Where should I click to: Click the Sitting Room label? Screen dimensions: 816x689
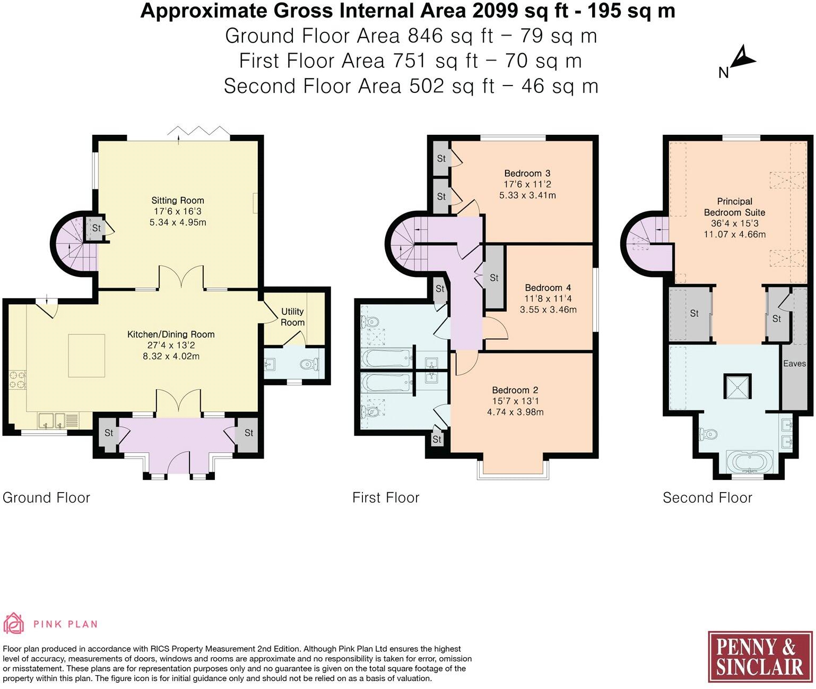pyautogui.click(x=177, y=201)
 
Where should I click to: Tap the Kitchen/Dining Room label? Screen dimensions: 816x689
pyautogui.click(x=171, y=334)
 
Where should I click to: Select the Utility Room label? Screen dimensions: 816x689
pyautogui.click(x=292, y=317)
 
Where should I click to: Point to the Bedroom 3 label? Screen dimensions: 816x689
pyautogui.click(x=527, y=173)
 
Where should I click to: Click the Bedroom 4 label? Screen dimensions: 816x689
pyautogui.click(x=548, y=288)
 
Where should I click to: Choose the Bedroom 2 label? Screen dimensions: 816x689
pyautogui.click(x=515, y=390)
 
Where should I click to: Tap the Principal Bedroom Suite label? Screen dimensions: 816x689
pyautogui.click(x=734, y=207)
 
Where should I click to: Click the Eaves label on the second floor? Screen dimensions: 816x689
pyautogui.click(x=794, y=363)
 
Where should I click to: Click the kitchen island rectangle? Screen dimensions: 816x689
pyautogui.click(x=87, y=356)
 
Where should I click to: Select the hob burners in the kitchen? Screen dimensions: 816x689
pyautogui.click(x=17, y=380)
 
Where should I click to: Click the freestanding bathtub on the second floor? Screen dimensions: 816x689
pyautogui.click(x=749, y=462)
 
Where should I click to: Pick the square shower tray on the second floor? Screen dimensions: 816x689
pyautogui.click(x=737, y=386)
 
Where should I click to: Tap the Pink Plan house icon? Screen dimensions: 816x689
pyautogui.click(x=13, y=623)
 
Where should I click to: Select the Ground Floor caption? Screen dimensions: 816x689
pyautogui.click(x=46, y=498)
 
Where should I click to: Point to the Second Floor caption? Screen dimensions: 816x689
pyautogui.click(x=707, y=498)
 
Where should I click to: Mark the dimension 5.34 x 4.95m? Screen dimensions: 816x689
pyautogui.click(x=178, y=222)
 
